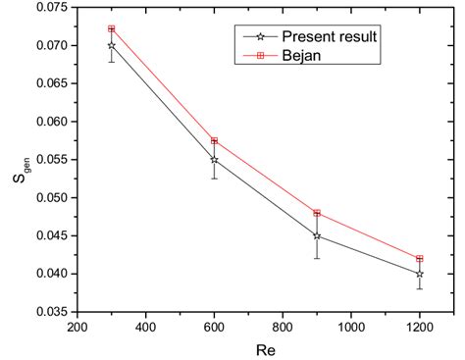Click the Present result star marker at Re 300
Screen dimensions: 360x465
pyautogui.click(x=111, y=45)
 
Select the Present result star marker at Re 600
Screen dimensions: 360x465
pyautogui.click(x=214, y=159)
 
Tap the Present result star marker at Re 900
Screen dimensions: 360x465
pyautogui.click(x=317, y=235)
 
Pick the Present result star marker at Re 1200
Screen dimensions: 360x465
pyautogui.click(x=420, y=274)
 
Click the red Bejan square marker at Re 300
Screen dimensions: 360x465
pyautogui.click(x=111, y=29)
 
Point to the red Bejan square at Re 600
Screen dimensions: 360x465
pyautogui.click(x=214, y=141)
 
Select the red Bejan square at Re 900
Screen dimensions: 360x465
pyautogui.click(x=317, y=213)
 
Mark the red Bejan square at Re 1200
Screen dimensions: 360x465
pyautogui.click(x=420, y=259)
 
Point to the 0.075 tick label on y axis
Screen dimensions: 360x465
pyautogui.click(x=50, y=8)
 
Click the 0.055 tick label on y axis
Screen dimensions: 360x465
pyautogui.click(x=50, y=160)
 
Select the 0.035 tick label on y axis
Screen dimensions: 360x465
pyautogui.click(x=50, y=312)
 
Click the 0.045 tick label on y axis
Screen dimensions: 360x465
pyautogui.click(x=50, y=235)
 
